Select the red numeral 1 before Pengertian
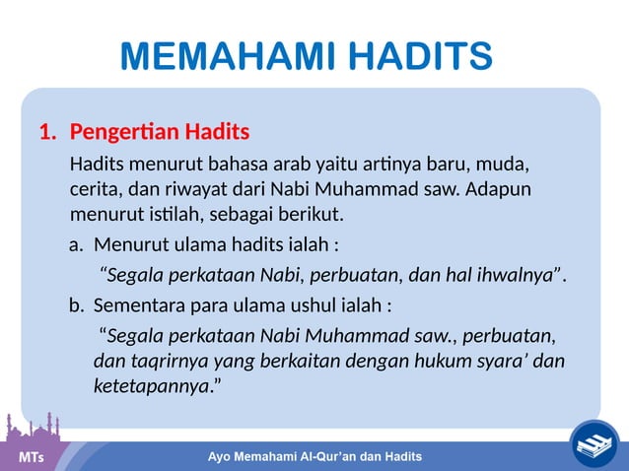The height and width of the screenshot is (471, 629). (x=44, y=132)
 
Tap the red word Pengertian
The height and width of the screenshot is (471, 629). (x=124, y=132)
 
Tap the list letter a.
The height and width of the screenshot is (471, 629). (x=74, y=243)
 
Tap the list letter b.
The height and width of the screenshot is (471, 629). (x=75, y=304)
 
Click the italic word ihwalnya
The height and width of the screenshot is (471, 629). (x=508, y=274)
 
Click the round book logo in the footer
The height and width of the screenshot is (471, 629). (x=595, y=444)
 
